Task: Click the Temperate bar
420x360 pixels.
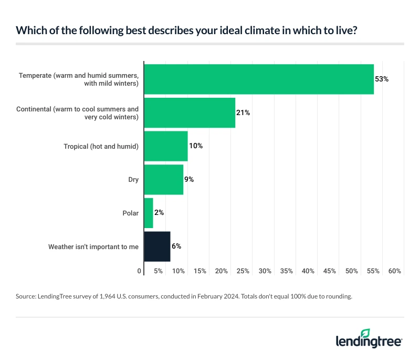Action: [258, 79]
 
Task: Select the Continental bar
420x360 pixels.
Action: [189, 113]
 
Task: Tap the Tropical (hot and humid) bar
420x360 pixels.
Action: [165, 146]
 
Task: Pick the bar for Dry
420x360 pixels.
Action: [163, 180]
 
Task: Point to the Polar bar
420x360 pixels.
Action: [148, 213]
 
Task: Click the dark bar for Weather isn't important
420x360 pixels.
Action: [157, 246]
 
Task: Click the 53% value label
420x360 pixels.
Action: [381, 79]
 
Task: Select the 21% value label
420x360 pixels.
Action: [243, 113]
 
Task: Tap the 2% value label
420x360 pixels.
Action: [160, 213]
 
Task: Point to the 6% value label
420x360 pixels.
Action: [177, 246]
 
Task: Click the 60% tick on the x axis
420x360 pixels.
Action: [395, 271]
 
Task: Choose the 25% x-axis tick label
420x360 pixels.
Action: [243, 271]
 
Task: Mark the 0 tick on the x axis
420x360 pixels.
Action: [140, 271]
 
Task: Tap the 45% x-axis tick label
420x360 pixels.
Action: [330, 271]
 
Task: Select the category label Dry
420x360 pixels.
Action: [133, 180]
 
